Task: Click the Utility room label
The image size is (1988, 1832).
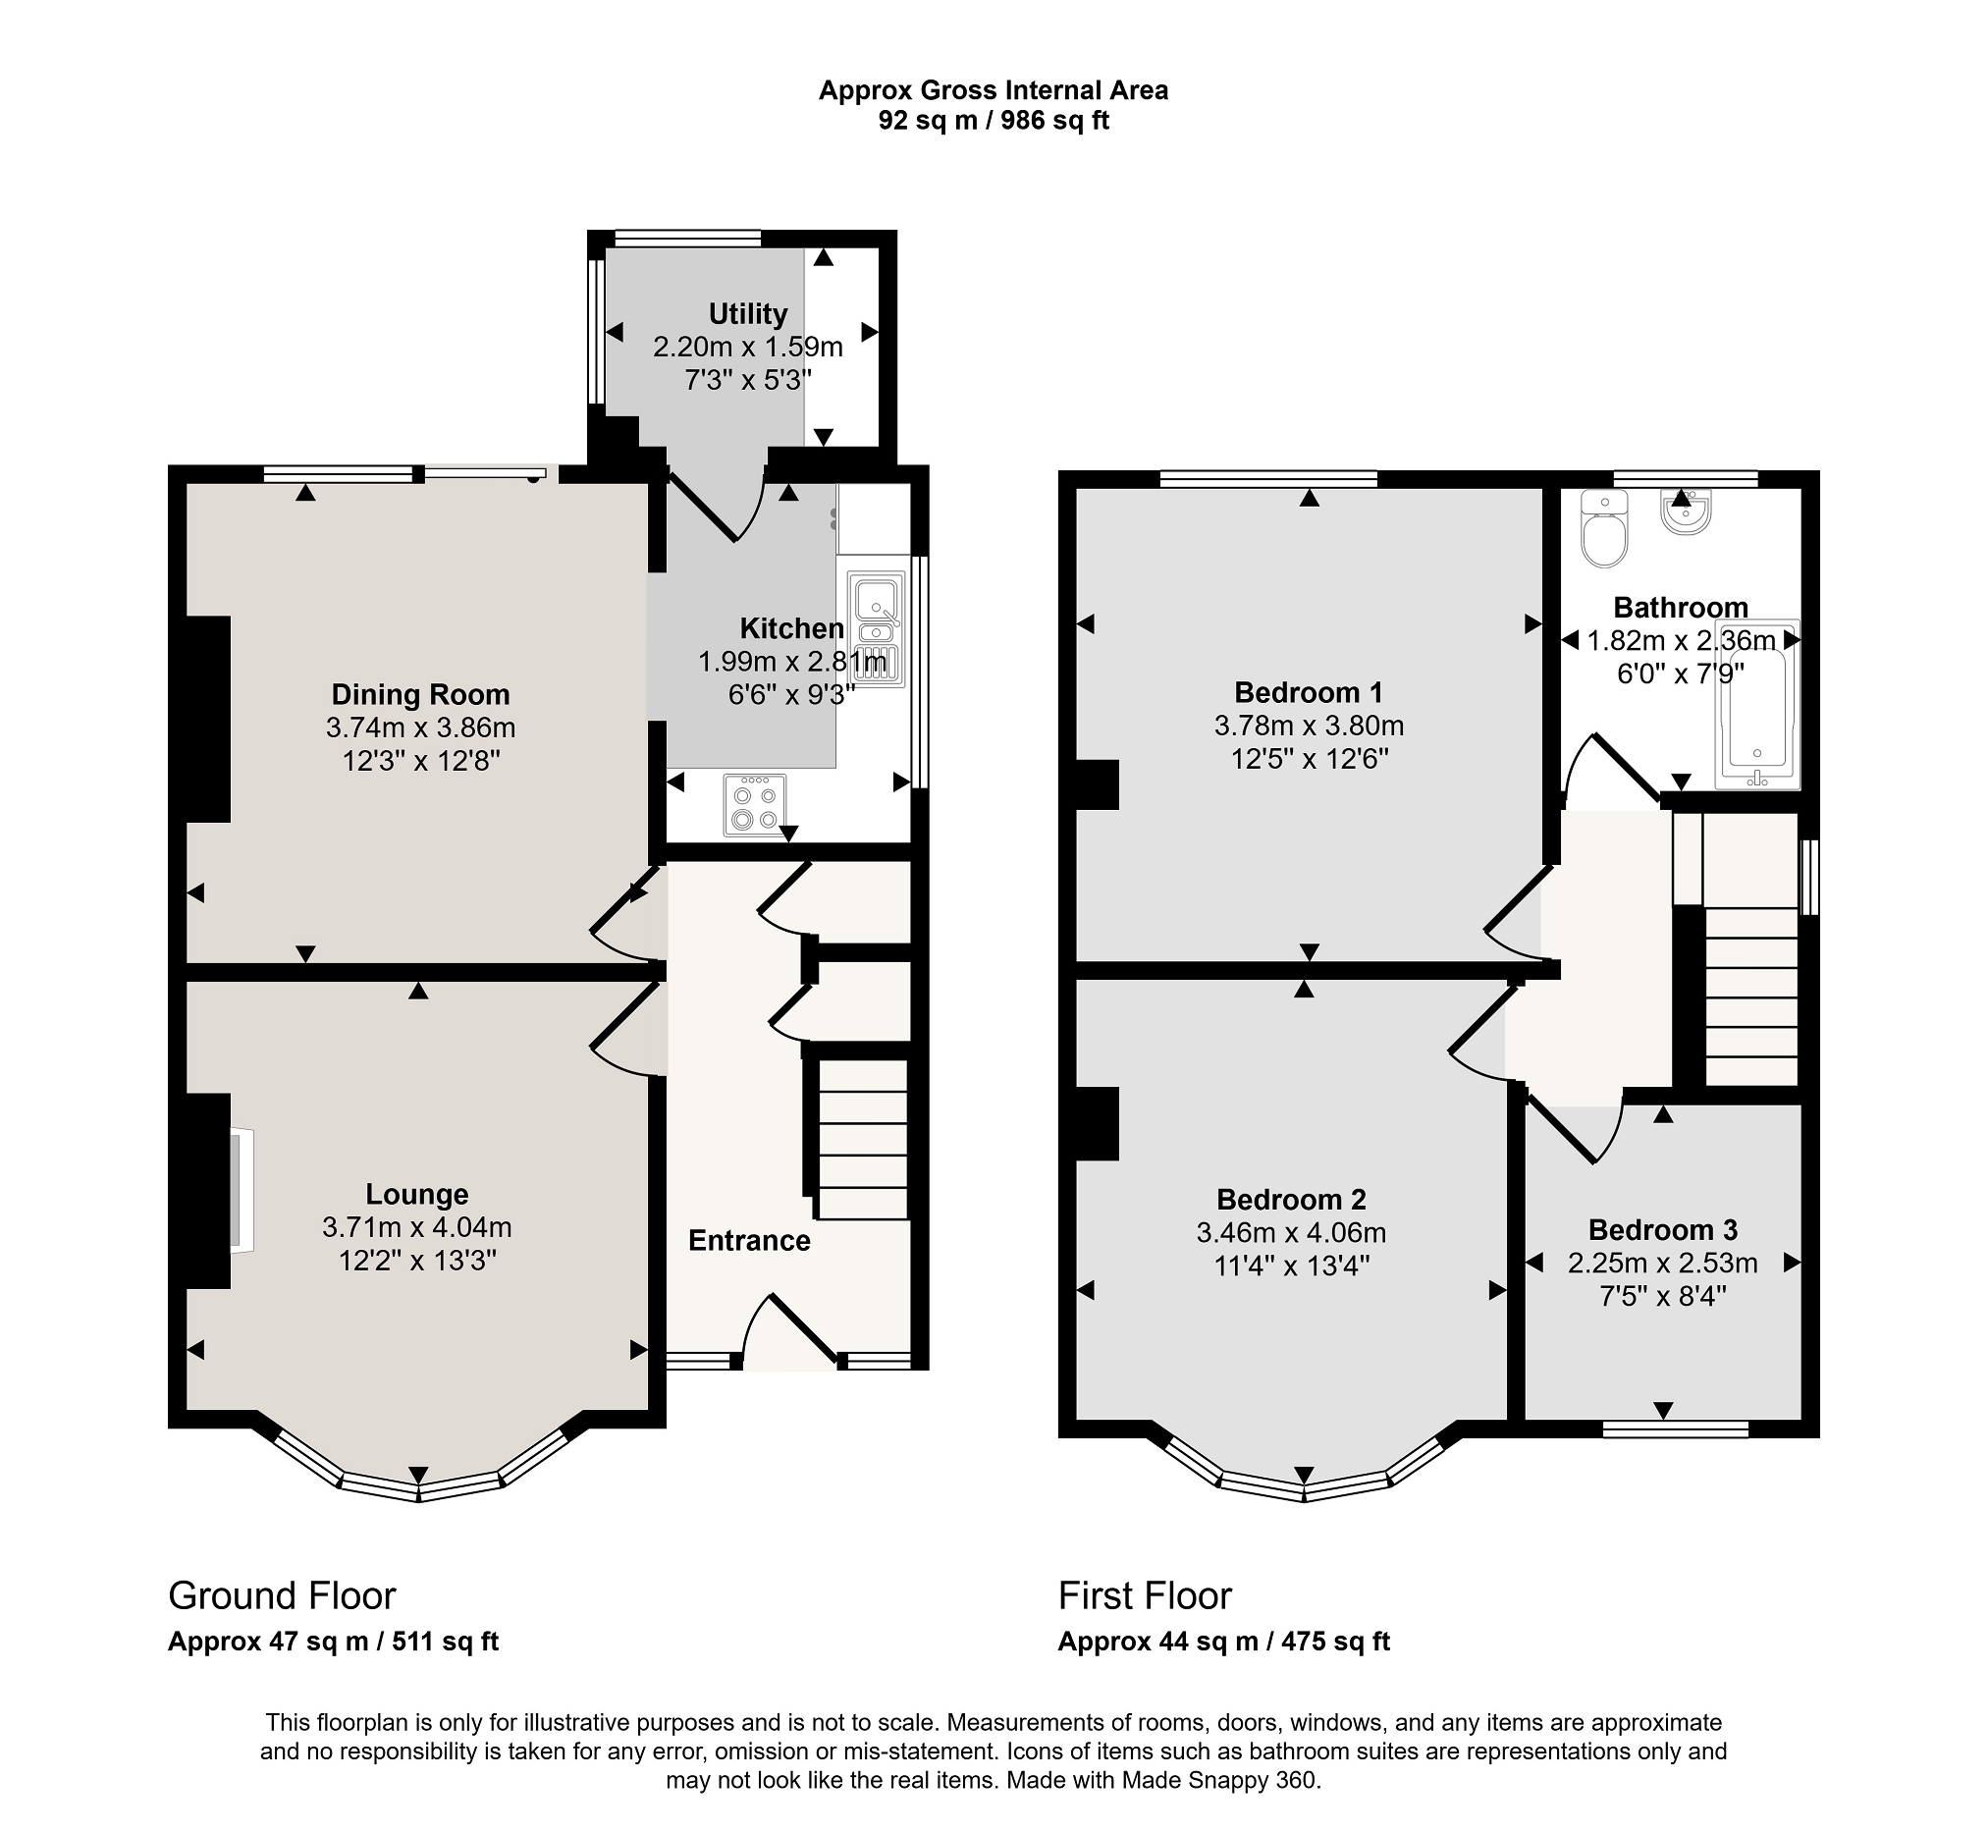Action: pos(747,314)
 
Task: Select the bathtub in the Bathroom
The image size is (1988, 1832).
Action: pos(1759,705)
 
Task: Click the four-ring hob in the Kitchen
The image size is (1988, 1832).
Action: pos(754,805)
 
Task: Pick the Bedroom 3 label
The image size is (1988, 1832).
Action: pos(1663,1230)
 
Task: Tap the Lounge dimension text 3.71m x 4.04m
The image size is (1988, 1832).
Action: pos(416,1228)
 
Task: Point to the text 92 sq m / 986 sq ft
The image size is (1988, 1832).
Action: pos(993,121)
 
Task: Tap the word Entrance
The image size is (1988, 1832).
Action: pos(749,1241)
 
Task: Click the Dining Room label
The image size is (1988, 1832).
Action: pos(420,695)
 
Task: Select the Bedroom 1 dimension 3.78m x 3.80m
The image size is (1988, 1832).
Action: pos(1310,727)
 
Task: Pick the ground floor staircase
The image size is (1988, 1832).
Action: pos(861,1139)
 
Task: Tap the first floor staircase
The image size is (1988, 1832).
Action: pos(1751,997)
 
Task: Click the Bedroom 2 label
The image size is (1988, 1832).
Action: pos(1291,1201)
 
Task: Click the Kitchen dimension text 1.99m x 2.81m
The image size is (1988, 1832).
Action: pos(793,661)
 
